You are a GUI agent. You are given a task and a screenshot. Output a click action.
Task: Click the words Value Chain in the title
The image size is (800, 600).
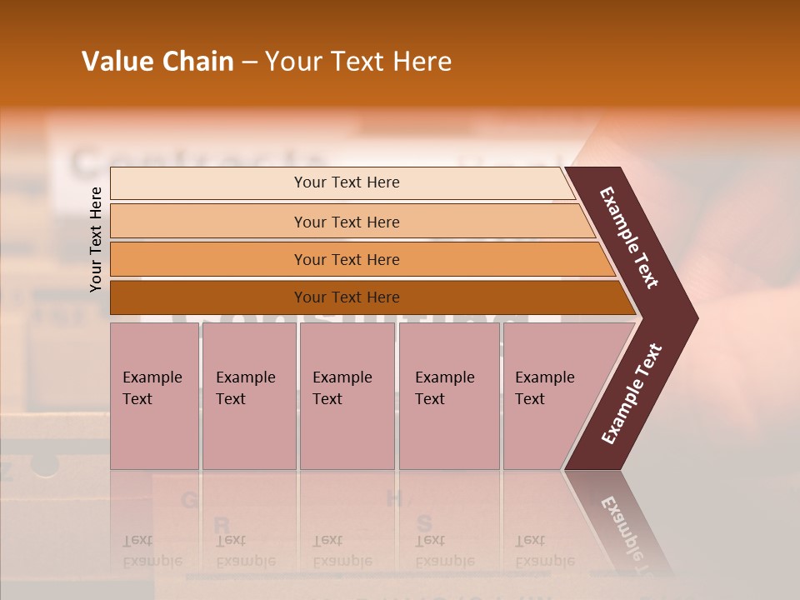[157, 62]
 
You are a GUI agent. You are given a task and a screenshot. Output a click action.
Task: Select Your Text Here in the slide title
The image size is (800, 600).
[358, 62]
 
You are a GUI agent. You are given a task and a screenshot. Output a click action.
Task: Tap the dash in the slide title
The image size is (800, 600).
[249, 62]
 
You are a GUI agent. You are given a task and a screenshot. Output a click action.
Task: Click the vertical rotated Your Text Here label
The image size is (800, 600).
[96, 239]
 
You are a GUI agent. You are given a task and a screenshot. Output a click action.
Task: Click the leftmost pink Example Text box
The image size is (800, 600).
[154, 396]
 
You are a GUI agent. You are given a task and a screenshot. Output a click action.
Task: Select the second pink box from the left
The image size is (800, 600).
[248, 396]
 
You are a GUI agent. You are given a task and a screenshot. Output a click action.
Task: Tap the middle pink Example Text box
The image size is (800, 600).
[347, 396]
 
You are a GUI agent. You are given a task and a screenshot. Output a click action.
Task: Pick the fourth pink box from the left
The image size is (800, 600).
[449, 396]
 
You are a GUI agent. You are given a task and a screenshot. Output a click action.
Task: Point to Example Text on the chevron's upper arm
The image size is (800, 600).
[629, 237]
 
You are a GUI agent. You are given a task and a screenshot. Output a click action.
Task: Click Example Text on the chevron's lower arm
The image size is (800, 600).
[632, 393]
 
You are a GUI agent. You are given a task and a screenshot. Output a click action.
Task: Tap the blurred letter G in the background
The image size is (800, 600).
[190, 500]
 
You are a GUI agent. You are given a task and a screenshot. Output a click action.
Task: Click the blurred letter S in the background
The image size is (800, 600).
[424, 523]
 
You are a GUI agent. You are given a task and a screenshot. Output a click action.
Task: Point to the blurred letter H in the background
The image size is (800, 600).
[395, 498]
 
